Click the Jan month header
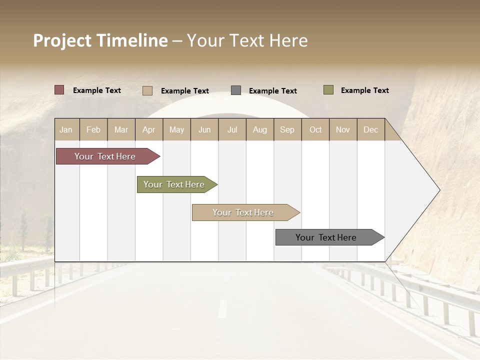[x=66, y=129]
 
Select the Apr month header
[x=149, y=129]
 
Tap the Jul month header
[x=232, y=129]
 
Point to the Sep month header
[x=287, y=129]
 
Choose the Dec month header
[x=370, y=129]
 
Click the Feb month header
[x=93, y=129]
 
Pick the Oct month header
[x=315, y=129]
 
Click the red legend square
[x=59, y=90]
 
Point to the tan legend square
[x=147, y=90]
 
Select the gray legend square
[x=236, y=90]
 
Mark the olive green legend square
[x=328, y=90]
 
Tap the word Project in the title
[x=62, y=40]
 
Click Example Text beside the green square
[x=364, y=90]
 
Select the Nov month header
[x=343, y=129]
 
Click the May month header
[x=176, y=129]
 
